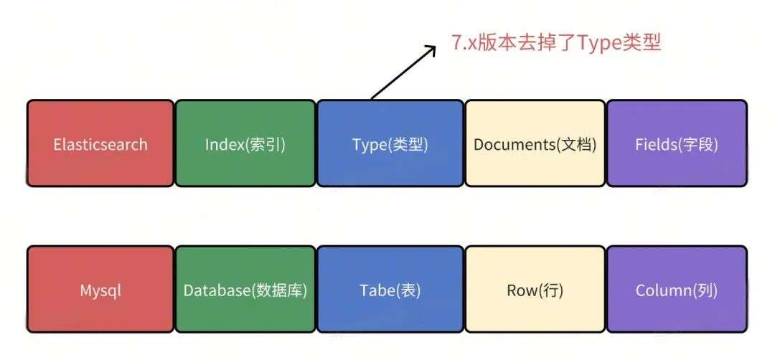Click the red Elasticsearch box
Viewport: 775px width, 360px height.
100,144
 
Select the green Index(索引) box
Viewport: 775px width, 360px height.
245,144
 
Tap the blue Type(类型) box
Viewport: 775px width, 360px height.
390,144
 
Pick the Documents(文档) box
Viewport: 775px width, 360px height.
535,144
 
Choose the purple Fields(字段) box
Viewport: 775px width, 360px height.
677,144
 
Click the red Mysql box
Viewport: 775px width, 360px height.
100,290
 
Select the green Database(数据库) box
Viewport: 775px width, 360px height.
245,290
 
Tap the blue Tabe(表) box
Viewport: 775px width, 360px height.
390,290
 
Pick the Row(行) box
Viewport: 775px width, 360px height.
535,290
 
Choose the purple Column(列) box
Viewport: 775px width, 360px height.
677,290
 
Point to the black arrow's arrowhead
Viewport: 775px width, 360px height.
431,49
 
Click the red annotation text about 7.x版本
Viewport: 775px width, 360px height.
555,42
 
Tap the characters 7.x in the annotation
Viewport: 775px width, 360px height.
466,42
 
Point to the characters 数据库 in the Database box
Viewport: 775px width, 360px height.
284,290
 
